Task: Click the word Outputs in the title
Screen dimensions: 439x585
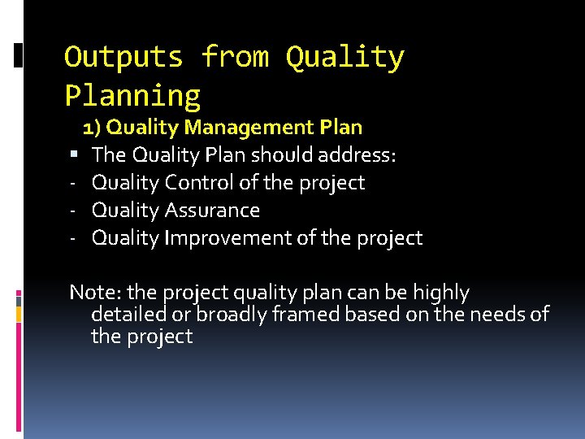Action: (124, 57)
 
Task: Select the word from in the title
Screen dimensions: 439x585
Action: (234, 57)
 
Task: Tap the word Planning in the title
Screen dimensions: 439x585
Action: (132, 96)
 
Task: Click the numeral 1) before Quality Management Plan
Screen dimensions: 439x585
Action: (92, 128)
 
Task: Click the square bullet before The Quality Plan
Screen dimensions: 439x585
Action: (73, 154)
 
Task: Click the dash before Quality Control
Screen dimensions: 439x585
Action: (72, 183)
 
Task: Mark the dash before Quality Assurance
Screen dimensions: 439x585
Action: (72, 211)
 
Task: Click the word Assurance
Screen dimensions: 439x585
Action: (212, 211)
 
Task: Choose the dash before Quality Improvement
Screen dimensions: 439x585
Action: (72, 238)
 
